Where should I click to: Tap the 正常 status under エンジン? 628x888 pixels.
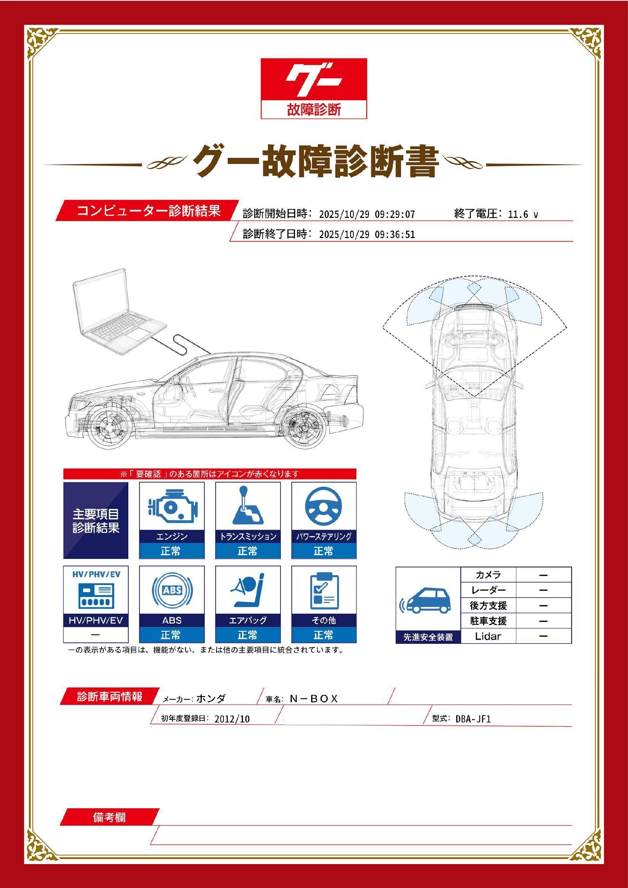171,551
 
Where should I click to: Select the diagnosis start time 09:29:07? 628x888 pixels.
395,214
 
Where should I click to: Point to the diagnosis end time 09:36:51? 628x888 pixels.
395,234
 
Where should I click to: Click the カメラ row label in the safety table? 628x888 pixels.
488,575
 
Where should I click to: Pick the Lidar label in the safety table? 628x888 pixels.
488,636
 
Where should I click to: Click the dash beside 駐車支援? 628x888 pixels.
543,621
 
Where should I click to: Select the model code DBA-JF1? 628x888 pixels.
473,719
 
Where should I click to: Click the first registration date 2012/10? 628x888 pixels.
232,719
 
